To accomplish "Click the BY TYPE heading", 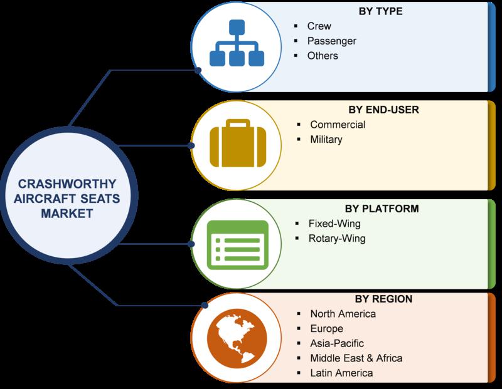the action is click(x=380, y=11).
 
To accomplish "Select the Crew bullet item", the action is click(x=319, y=26).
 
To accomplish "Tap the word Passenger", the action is click(x=332, y=41).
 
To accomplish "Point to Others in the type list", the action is click(x=323, y=56).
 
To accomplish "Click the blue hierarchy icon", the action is click(x=237, y=43).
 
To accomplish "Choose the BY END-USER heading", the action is click(x=383, y=110).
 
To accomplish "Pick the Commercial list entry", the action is click(x=338, y=124).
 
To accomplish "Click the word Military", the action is click(x=326, y=139).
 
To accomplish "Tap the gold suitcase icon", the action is click(x=238, y=143).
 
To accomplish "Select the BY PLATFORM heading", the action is click(x=382, y=209).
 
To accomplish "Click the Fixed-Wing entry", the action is click(x=334, y=224).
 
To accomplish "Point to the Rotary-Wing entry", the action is click(x=337, y=239).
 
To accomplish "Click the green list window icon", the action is click(x=237, y=244).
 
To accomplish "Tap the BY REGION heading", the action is click(x=383, y=299).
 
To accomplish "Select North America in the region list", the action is click(x=343, y=314).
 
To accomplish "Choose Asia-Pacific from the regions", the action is click(x=337, y=343).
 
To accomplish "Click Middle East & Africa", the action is click(x=356, y=358).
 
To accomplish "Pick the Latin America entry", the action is click(x=341, y=373).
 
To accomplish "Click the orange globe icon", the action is click(x=237, y=338).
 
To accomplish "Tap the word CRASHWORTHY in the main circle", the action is click(x=67, y=184).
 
